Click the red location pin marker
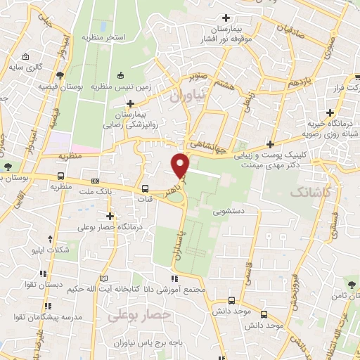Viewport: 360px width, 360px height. point(181,165)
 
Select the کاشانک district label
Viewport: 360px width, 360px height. point(311,191)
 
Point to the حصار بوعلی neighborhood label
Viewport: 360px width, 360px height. point(140,316)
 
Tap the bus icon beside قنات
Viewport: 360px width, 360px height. point(145,188)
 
